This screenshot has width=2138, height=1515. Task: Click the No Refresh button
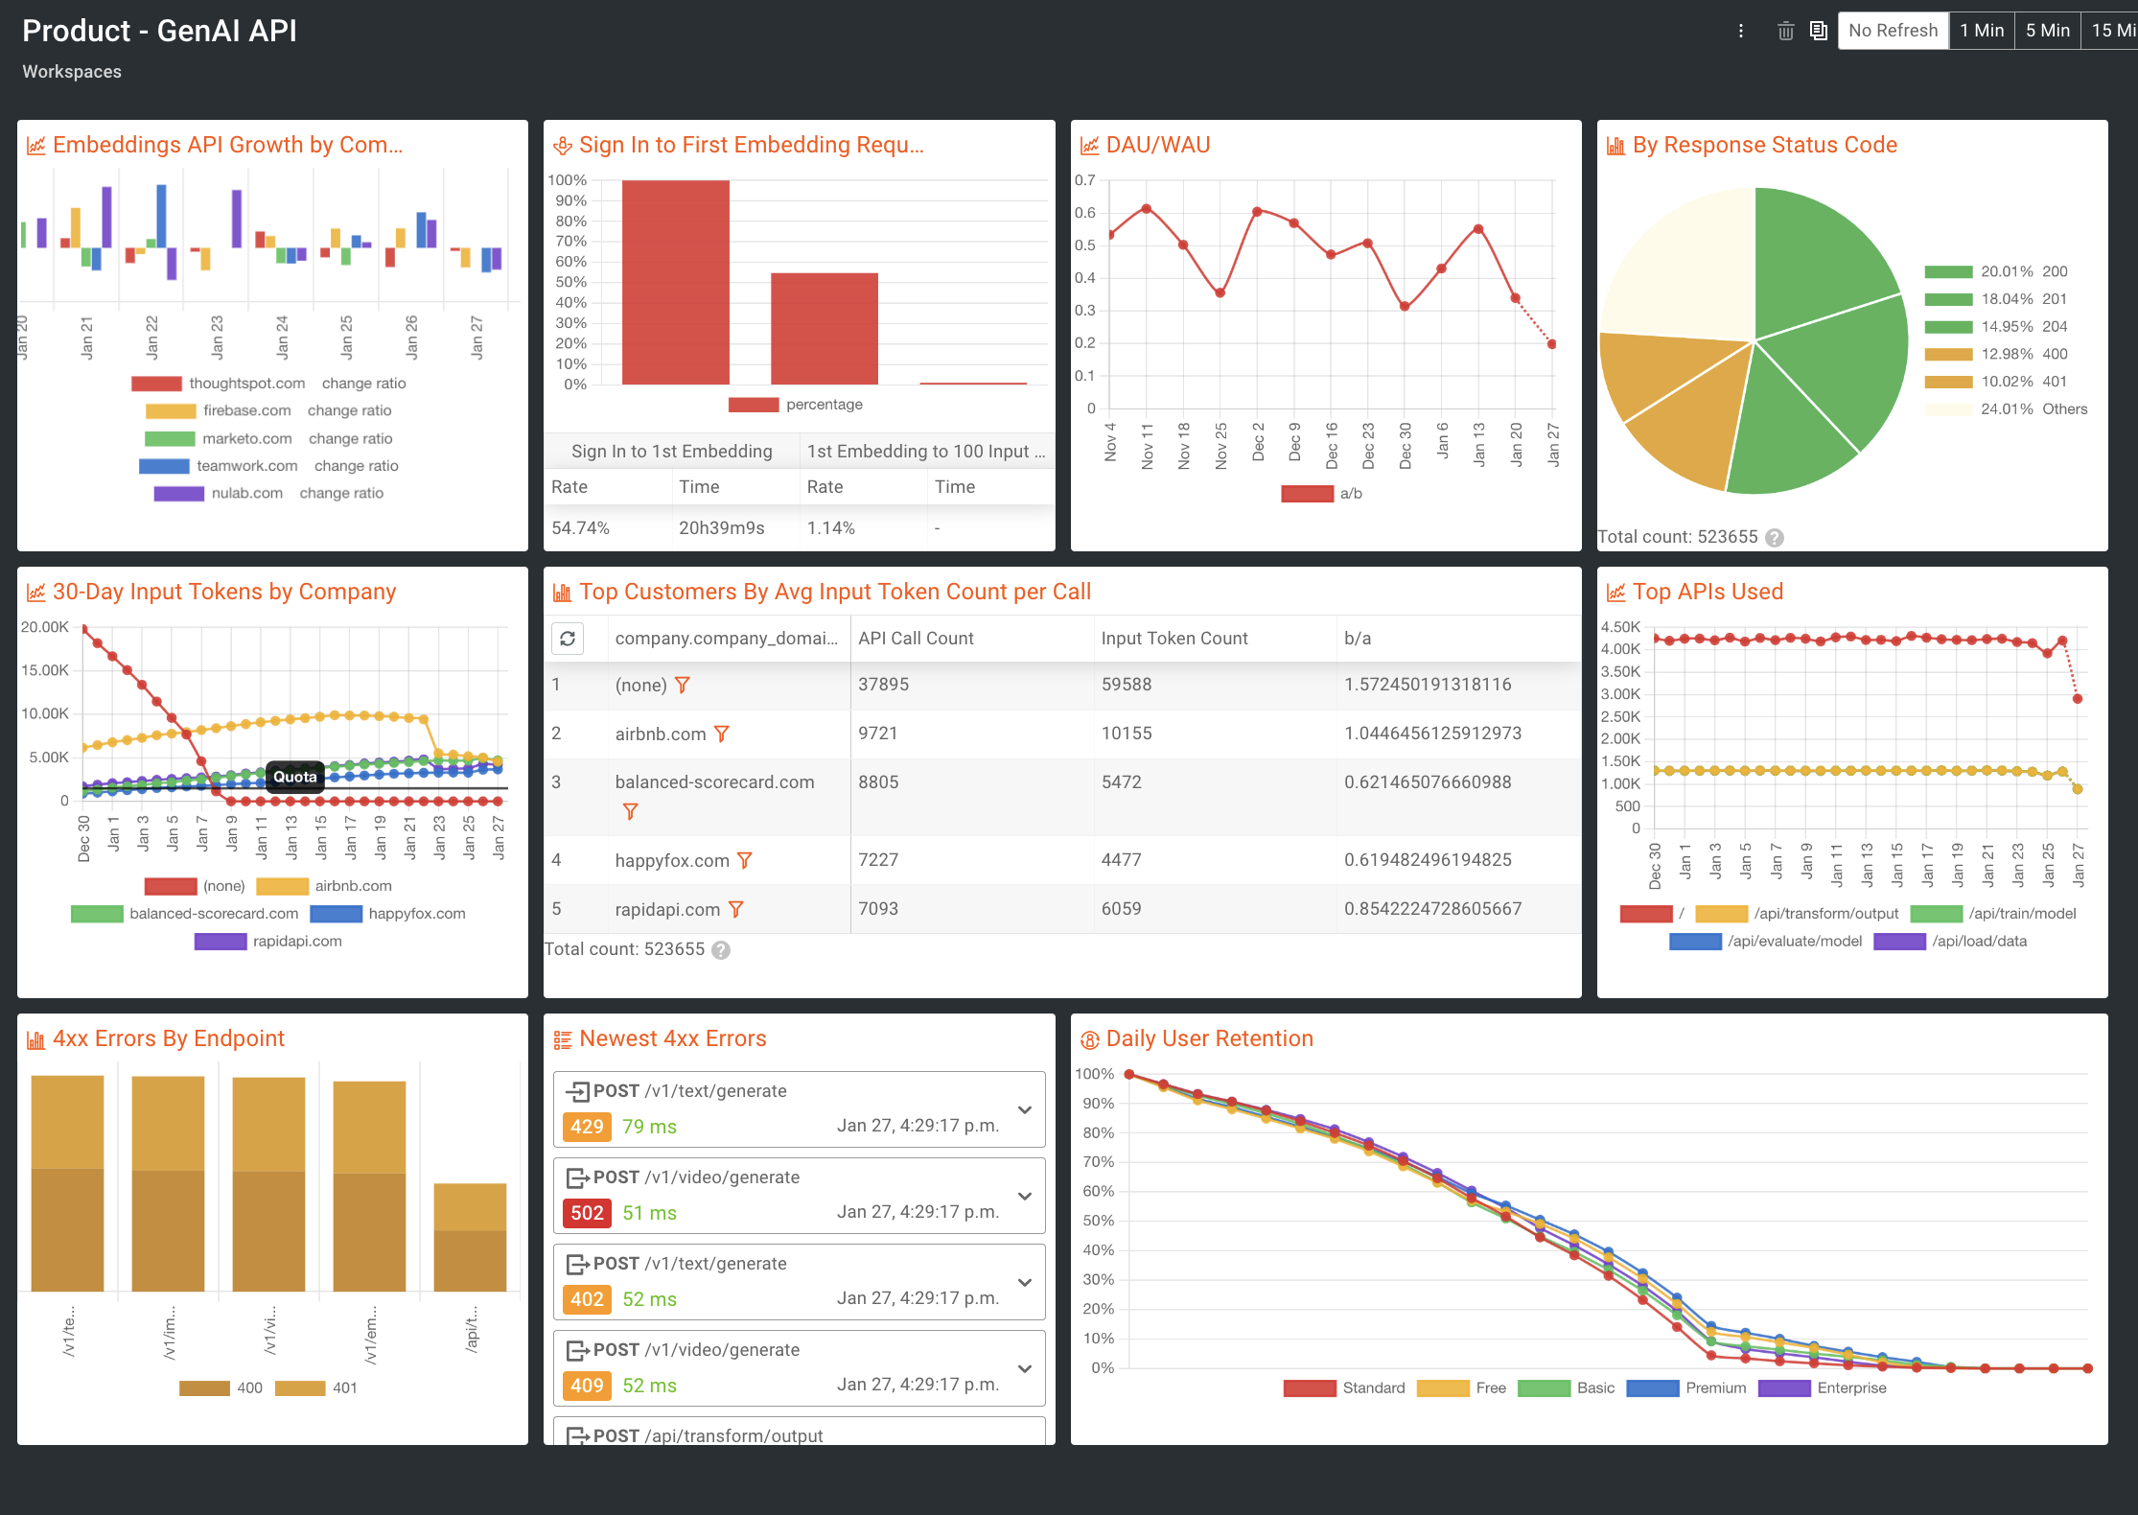[x=1893, y=31]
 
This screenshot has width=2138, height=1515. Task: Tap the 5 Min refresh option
[x=2047, y=31]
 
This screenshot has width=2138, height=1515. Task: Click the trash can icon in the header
[x=1785, y=31]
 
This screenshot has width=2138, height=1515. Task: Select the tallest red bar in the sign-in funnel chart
[x=675, y=282]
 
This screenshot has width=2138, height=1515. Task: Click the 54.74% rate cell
[x=580, y=528]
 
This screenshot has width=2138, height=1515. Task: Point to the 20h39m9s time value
[x=721, y=528]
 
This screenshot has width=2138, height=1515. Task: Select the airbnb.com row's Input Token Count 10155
[x=1126, y=734]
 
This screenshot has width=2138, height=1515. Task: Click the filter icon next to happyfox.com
[x=745, y=860]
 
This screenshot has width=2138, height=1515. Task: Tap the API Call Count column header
[x=916, y=639]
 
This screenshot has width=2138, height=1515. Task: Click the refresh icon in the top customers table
[x=568, y=639]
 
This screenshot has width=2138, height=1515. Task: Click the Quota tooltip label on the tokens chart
[x=294, y=777]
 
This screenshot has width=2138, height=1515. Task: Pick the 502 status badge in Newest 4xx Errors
[x=587, y=1213]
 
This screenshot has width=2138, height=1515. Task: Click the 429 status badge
[x=587, y=1127]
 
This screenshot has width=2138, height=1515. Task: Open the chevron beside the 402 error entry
[x=1024, y=1282]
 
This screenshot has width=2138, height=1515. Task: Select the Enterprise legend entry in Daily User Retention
[x=1850, y=1388]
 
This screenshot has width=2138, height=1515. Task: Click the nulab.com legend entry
[x=246, y=494]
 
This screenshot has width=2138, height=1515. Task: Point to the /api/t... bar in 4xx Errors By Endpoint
[x=470, y=1237]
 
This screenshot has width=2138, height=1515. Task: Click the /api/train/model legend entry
[x=2021, y=914]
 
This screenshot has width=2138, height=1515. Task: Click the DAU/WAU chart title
[x=1157, y=145]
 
